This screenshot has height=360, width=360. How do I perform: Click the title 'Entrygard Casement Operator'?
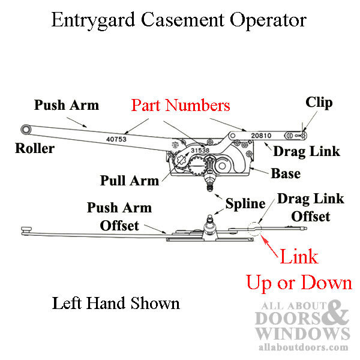(179, 20)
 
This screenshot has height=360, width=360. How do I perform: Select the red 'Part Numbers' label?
(179, 106)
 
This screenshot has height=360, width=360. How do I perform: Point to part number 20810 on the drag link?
(263, 136)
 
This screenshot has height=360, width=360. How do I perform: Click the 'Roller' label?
(34, 148)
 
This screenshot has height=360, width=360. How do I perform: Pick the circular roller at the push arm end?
(26, 130)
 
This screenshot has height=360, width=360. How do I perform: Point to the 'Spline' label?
(245, 204)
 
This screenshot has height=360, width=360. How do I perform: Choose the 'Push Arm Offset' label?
(119, 217)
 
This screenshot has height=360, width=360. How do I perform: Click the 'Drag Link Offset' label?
(310, 207)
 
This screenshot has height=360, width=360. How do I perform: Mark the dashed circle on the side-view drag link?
(255, 229)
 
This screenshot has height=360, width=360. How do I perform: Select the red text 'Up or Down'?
(299, 282)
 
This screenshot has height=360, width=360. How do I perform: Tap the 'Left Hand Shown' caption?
(116, 303)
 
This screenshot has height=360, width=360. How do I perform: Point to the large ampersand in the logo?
(338, 313)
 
